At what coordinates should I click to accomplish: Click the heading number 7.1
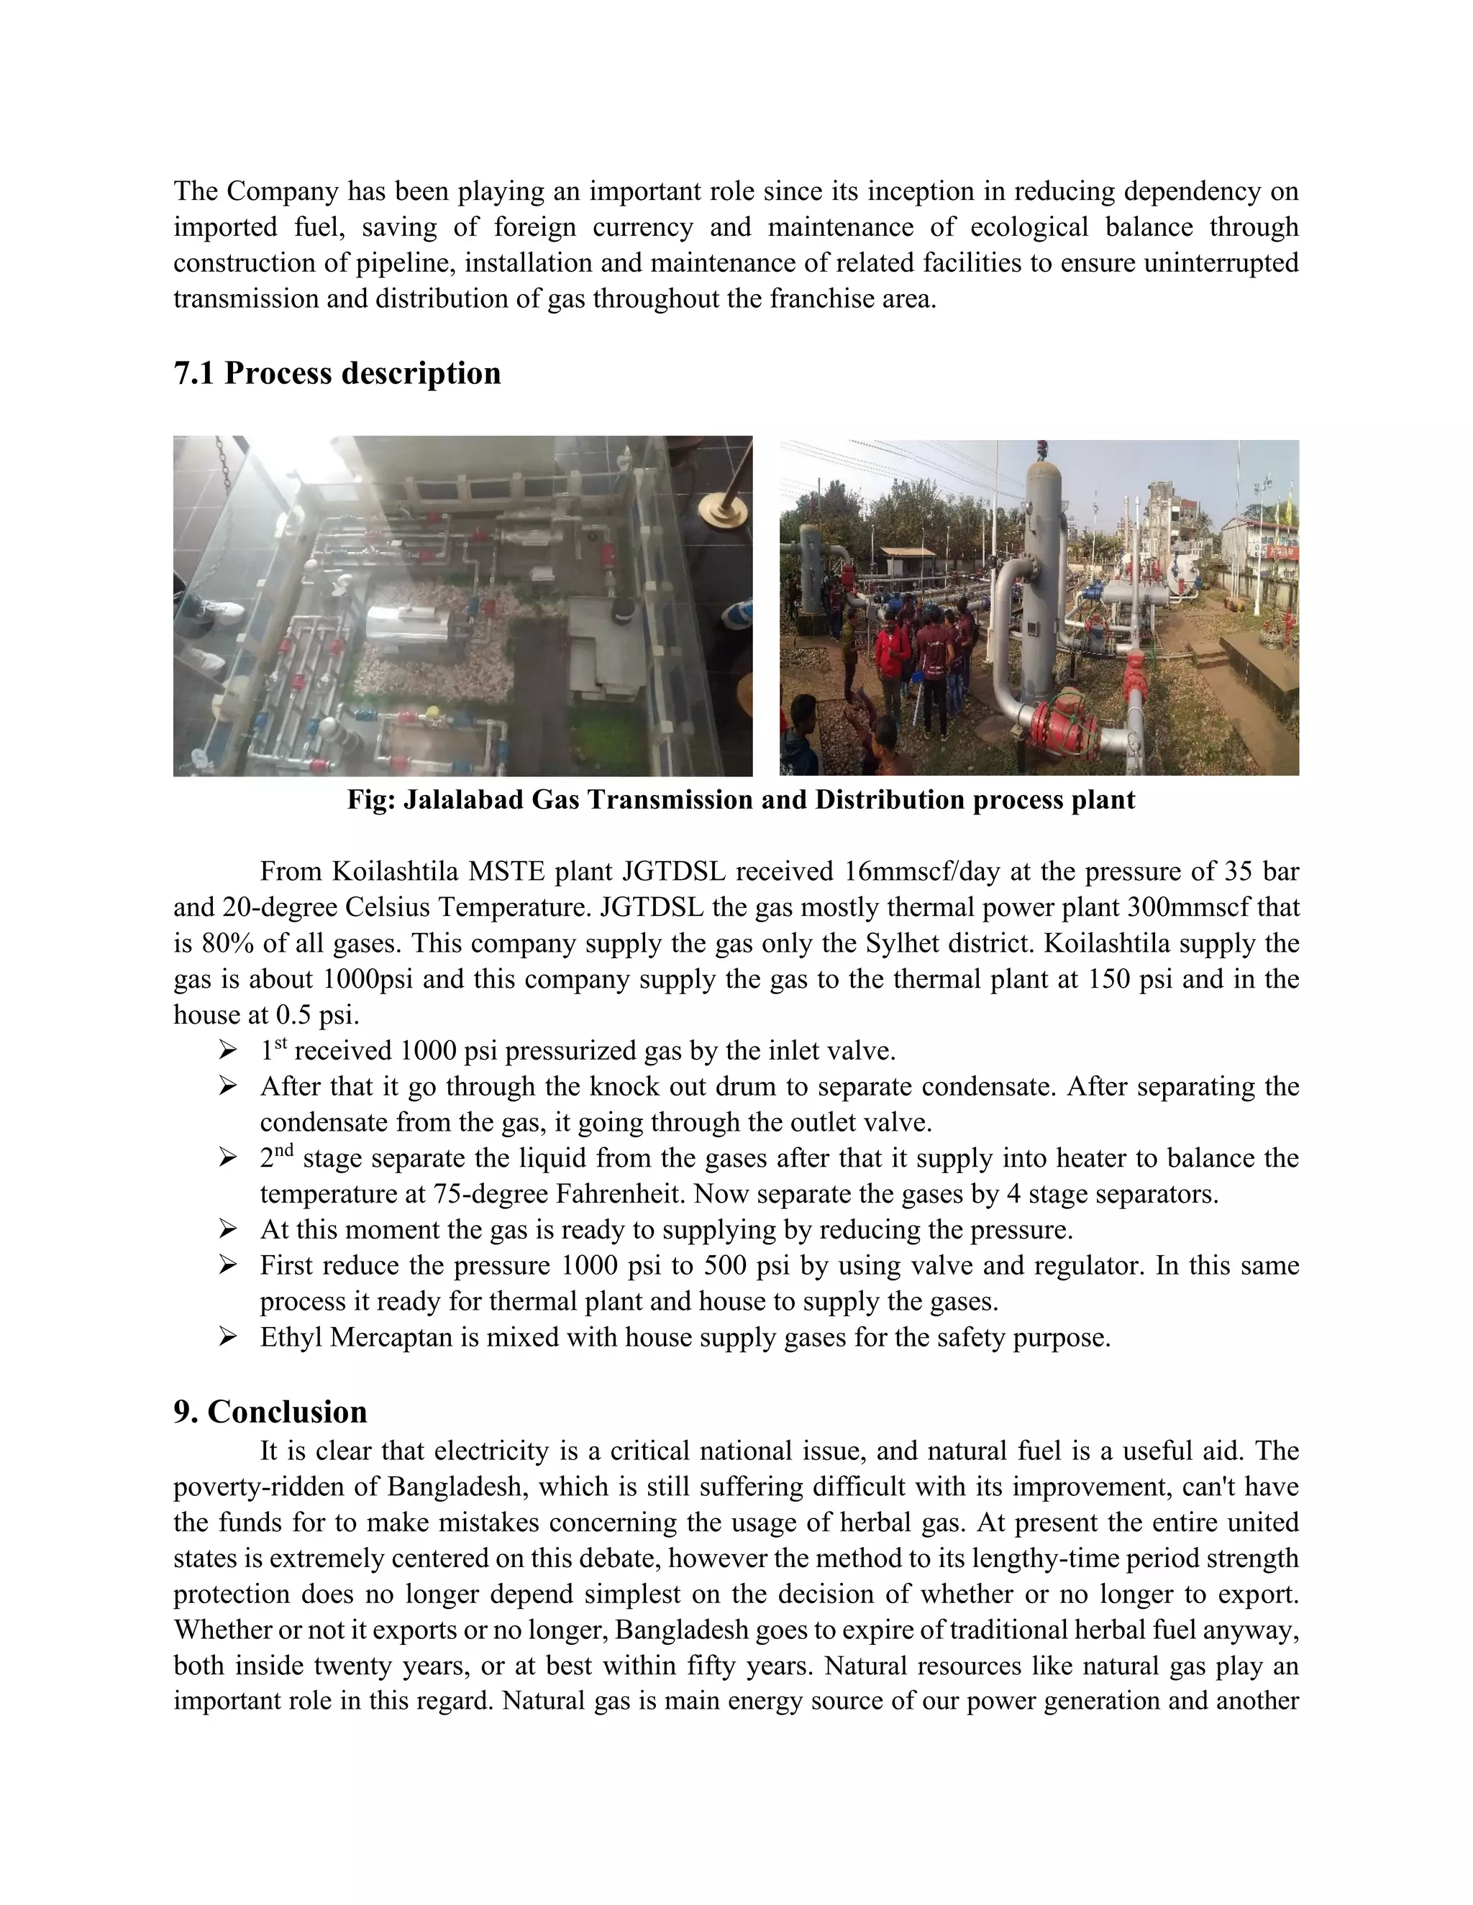[x=193, y=373]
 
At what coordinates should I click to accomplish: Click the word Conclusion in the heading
[x=287, y=1411]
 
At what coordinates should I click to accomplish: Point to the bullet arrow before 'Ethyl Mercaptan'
[x=228, y=1336]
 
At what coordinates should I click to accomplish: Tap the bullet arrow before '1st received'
[x=228, y=1050]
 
